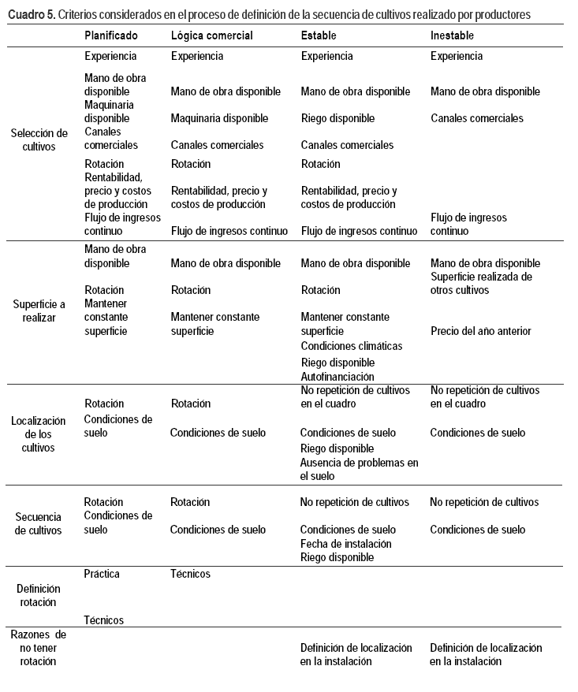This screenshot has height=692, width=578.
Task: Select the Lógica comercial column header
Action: tap(212, 35)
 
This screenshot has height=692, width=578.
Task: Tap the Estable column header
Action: tap(319, 35)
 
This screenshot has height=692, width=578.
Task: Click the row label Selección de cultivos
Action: tap(39, 140)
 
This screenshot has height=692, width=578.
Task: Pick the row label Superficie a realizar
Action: tap(39, 311)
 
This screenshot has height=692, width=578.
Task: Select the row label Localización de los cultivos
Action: tap(39, 433)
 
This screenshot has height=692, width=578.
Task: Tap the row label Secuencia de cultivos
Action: tap(39, 523)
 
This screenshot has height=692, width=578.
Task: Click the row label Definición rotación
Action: tap(39, 595)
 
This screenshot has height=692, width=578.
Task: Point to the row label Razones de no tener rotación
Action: tap(39, 647)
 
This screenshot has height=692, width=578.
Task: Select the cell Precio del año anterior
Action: tap(481, 331)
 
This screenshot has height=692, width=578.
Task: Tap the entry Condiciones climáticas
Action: tap(352, 346)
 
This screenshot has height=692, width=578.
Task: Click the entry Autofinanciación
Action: tap(337, 376)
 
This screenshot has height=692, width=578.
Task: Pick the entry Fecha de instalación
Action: tap(346, 543)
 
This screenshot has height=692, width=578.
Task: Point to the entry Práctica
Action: tap(102, 574)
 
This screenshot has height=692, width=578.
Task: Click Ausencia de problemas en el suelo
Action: tap(360, 469)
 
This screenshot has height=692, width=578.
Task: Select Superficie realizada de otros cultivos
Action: tap(481, 283)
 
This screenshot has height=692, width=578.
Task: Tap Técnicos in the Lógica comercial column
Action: tap(190, 574)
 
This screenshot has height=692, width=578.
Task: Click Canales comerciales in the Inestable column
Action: tap(477, 118)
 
